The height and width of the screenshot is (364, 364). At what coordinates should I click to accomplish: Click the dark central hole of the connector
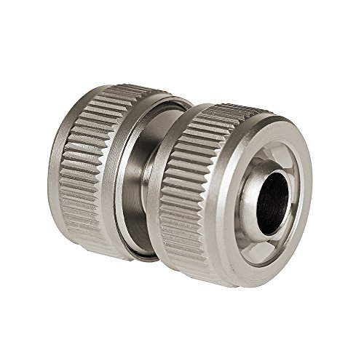click(x=271, y=195)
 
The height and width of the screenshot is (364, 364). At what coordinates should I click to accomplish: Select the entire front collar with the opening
click(x=233, y=189)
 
